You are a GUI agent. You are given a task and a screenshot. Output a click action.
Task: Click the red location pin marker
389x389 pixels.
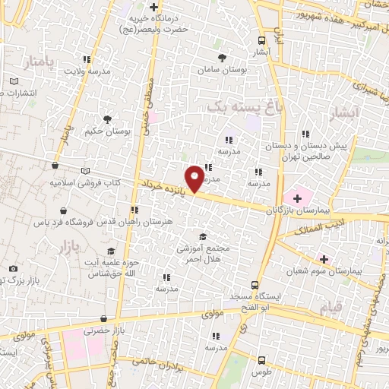pyautogui.click(x=195, y=178)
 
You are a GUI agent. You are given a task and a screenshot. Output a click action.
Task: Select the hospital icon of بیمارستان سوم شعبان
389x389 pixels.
pyautogui.click(x=324, y=258)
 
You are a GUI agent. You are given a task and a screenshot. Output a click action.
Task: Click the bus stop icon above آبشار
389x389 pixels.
pyautogui.click(x=261, y=41)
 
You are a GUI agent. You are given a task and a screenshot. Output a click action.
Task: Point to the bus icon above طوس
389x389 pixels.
pyautogui.click(x=261, y=361)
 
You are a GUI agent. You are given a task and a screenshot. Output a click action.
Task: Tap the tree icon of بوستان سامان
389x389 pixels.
pyautogui.click(x=222, y=58)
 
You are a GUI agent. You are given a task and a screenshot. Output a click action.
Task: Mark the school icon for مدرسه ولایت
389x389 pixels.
pyautogui.click(x=87, y=59)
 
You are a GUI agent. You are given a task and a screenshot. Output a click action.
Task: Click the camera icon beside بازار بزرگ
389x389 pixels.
pyautogui.click(x=13, y=268)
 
